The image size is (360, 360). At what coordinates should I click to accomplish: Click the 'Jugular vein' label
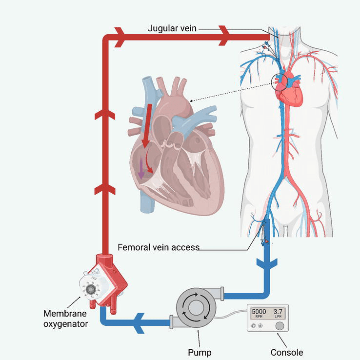point(172,28)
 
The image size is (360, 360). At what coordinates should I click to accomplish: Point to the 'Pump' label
point(200,352)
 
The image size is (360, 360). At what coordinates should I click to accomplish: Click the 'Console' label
point(287,352)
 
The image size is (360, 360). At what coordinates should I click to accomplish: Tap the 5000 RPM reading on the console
point(259,312)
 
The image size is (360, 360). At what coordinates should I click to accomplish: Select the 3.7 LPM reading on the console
point(278,312)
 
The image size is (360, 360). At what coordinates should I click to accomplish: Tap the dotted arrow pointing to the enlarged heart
point(229,93)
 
